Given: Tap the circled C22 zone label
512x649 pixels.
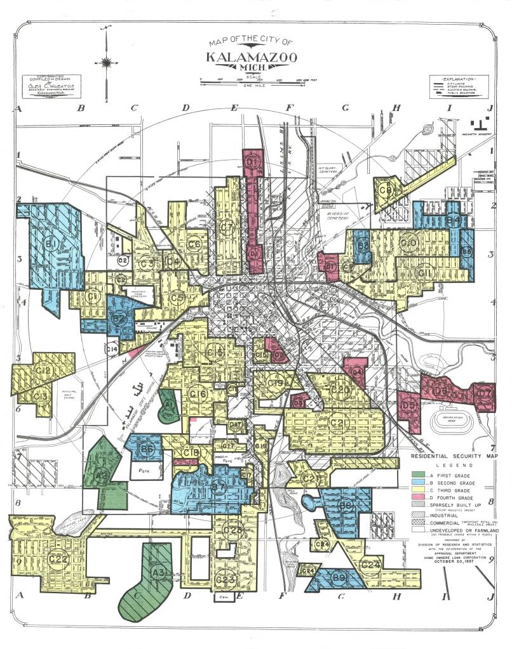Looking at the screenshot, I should point(58,559).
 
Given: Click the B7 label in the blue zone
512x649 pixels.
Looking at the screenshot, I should point(219,488).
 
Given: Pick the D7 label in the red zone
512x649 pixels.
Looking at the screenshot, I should point(484,393).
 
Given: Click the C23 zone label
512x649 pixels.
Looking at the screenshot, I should point(226,579).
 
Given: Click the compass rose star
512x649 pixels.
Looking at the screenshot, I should point(107,62).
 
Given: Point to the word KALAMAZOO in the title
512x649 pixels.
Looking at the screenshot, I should point(250,56).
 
